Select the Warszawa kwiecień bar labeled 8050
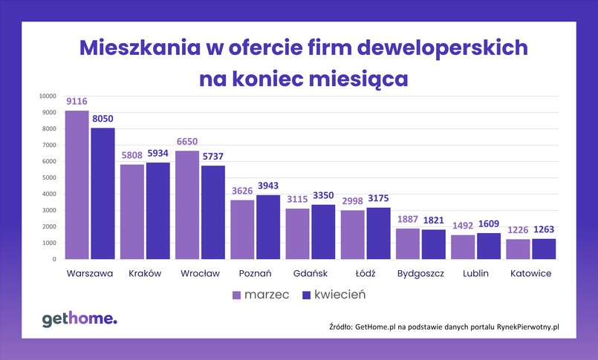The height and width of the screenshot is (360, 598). [103, 194]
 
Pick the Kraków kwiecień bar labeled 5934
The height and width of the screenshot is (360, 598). [158, 211]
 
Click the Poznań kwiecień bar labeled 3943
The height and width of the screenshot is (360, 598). [269, 227]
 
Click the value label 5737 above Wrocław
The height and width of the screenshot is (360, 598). [214, 156]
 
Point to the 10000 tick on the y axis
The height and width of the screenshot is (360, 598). [48, 96]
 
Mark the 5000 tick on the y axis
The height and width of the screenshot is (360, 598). [49, 177]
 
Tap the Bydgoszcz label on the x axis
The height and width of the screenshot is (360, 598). [420, 273]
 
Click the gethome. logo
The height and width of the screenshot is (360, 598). [79, 319]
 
